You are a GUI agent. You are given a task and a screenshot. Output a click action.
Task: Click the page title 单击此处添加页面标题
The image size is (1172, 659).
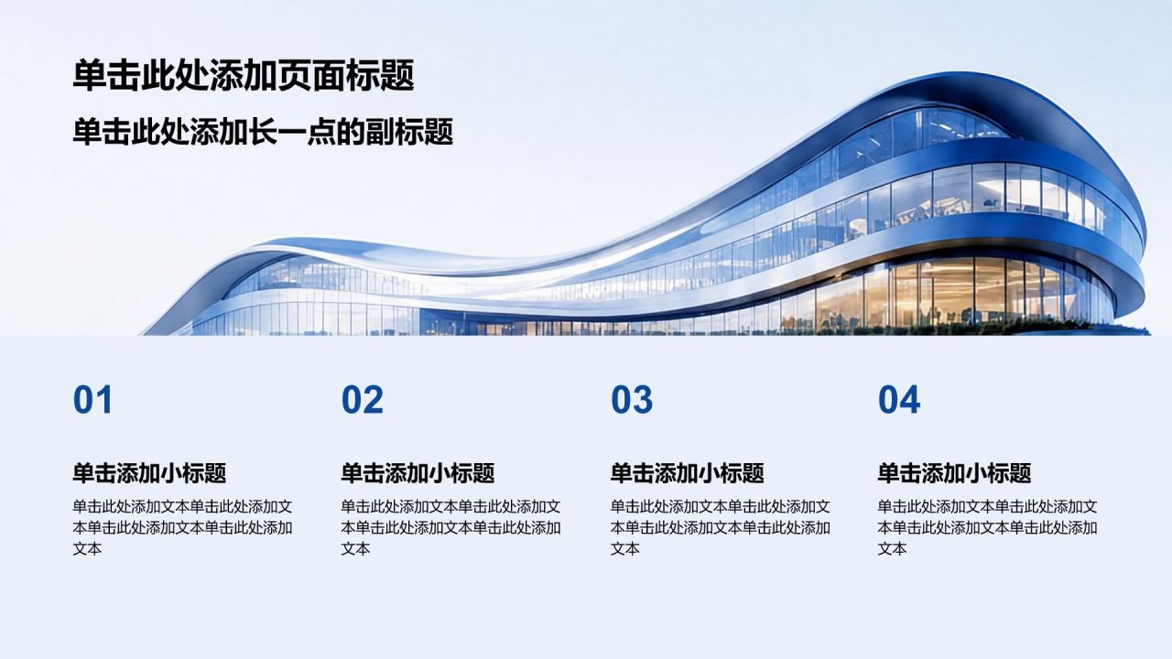click(x=244, y=76)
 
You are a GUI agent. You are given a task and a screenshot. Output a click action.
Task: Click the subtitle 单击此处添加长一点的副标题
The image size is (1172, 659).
click(x=263, y=132)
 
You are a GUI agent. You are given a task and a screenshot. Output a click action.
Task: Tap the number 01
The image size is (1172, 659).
click(x=92, y=400)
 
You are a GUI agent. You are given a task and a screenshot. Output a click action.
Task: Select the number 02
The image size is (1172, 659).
click(x=362, y=400)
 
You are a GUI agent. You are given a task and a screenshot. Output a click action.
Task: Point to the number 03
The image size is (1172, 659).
click(x=632, y=400)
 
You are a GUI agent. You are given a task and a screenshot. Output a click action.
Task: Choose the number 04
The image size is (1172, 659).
click(x=899, y=400)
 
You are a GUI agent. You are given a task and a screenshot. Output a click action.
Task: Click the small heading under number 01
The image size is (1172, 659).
click(x=149, y=473)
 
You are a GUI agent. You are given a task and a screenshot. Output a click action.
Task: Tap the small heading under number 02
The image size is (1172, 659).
click(x=418, y=473)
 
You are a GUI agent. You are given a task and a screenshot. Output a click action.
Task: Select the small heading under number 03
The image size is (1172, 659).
click(x=687, y=473)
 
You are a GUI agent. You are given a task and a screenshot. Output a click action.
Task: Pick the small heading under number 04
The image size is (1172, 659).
click(x=954, y=473)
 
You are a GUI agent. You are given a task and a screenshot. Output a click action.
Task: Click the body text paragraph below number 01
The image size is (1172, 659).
click(x=182, y=528)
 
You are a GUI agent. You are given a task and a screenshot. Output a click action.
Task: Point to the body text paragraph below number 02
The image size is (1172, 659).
click(x=451, y=528)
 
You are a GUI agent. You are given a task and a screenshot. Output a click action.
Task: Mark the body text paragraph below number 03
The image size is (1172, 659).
click(x=721, y=528)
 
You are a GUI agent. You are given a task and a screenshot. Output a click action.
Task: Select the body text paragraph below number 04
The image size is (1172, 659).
click(x=988, y=528)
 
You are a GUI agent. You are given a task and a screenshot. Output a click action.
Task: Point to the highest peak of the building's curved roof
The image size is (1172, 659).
click(x=968, y=73)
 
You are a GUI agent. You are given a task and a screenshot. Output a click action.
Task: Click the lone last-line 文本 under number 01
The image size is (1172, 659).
click(x=87, y=548)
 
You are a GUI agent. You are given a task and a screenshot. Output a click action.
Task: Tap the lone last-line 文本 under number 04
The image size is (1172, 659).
click(x=892, y=548)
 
